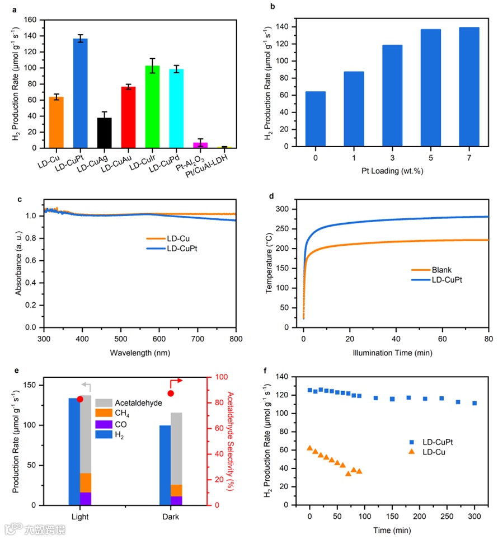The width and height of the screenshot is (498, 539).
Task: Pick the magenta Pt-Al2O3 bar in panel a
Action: coord(200,145)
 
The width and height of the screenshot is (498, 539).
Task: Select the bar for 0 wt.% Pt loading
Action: coord(316,119)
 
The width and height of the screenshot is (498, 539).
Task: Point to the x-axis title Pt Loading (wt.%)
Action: coord(393,170)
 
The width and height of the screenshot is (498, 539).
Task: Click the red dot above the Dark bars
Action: coord(171,393)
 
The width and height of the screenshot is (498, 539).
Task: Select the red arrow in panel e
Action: coord(175,381)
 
